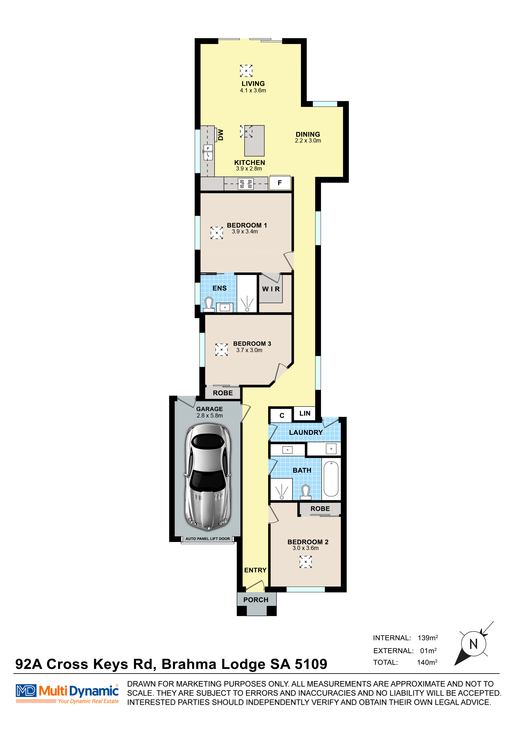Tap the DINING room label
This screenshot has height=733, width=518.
pos(308,134)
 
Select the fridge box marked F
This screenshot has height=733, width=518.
pos(280,183)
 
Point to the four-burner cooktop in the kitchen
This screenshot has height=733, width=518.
pos(246,184)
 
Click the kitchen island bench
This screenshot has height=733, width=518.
pos(254,140)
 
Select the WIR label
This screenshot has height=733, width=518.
pos(271,289)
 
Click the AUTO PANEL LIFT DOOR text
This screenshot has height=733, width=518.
pos(208,539)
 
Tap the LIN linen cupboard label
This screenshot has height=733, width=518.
pos(305,414)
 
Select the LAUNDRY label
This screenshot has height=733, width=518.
pos(306,433)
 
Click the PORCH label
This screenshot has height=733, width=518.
pos(256,600)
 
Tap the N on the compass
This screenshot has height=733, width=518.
pos(474,644)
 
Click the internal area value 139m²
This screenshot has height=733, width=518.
pos(428,638)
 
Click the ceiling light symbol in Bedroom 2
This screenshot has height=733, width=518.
pos(305,562)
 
